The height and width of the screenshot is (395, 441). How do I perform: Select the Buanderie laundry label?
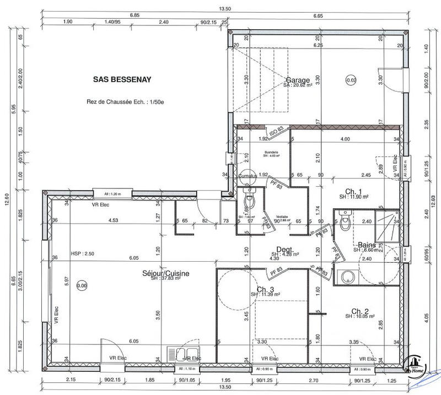coord(270,152)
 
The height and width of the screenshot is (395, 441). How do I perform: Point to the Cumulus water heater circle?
coord(248,176)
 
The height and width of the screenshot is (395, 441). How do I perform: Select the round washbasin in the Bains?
coord(348,275)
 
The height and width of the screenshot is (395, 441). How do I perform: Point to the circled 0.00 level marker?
coord(82,286)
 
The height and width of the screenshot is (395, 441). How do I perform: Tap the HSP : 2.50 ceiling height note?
coord(83,253)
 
